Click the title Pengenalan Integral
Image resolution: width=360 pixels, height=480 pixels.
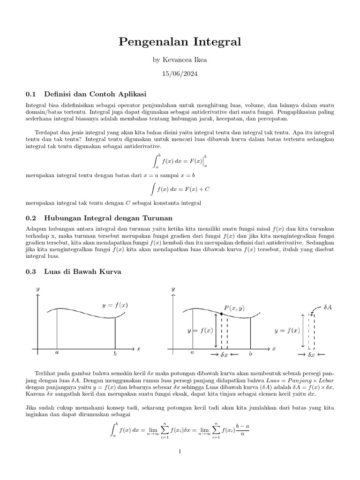(180, 42)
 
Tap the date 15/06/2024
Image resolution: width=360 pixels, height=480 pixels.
(180, 75)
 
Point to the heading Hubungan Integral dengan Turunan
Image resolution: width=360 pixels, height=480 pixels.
(108, 218)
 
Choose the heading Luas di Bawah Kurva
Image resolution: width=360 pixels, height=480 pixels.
(82, 271)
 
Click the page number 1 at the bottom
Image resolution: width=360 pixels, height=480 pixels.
(180, 451)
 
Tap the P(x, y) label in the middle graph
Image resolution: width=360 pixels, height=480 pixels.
(234, 308)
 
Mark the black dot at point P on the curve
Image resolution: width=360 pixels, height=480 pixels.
(221, 313)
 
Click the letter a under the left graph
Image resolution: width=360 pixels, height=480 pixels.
(57, 352)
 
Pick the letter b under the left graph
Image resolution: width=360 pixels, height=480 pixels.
(115, 352)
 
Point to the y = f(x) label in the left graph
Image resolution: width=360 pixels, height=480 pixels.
(115, 305)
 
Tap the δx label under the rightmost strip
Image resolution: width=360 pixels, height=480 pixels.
(311, 355)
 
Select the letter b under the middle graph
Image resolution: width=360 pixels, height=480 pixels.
(250, 352)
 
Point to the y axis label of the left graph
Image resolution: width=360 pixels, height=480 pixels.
(38, 289)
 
